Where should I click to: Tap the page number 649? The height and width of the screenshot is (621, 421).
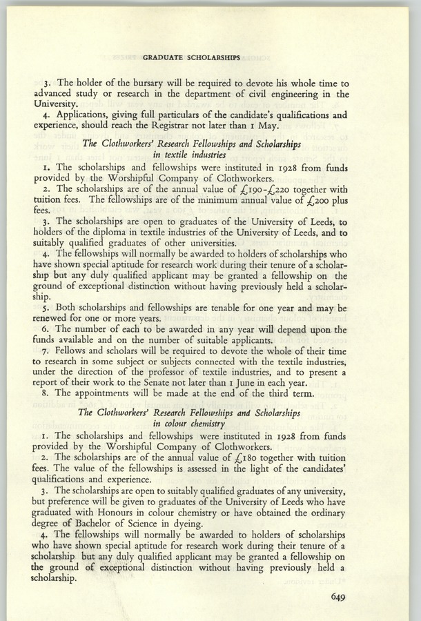click(343, 598)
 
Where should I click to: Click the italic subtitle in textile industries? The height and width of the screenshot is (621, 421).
click(190, 156)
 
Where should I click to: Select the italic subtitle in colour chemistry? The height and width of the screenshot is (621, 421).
click(190, 425)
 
